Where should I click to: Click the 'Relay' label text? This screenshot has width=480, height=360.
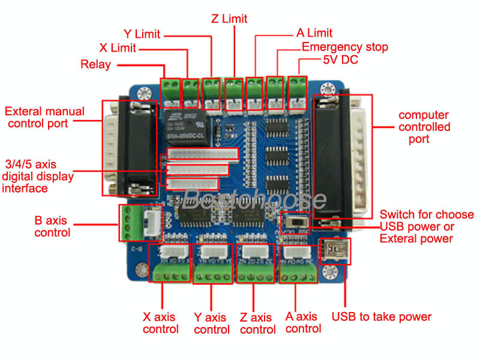click(96, 64)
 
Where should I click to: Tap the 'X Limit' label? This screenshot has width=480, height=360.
click(118, 47)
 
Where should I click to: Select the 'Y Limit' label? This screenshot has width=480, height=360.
click(142, 33)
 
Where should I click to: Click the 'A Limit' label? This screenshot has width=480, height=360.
click(314, 33)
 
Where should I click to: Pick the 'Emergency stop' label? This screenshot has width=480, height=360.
click(345, 47)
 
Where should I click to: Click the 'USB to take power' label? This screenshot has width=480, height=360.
click(382, 316)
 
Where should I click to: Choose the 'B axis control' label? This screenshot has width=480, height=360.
click(52, 226)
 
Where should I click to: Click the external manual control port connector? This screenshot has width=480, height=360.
click(128, 147)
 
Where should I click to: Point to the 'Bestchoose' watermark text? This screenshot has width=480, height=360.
click(255, 199)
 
